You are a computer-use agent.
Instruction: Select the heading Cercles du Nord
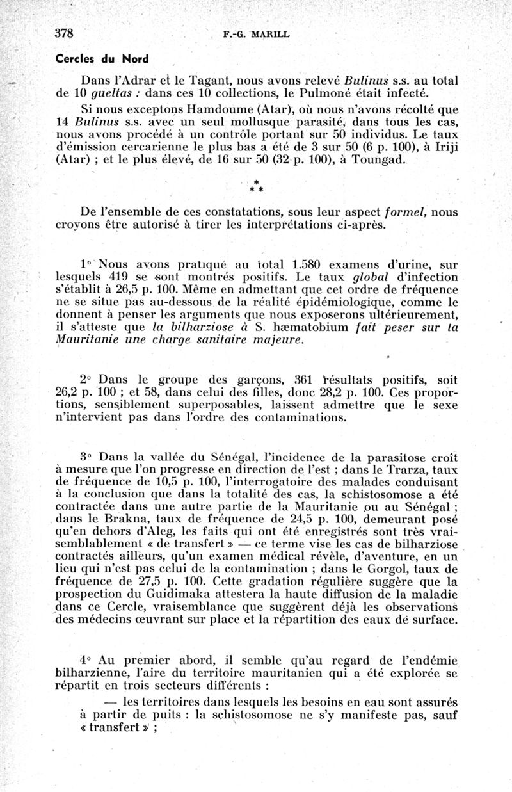(x=102, y=59)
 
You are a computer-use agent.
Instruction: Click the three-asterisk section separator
(x=256, y=187)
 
